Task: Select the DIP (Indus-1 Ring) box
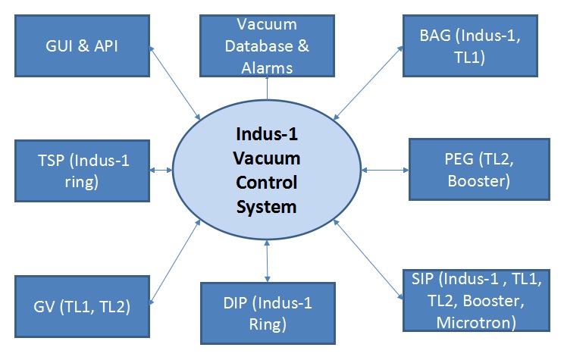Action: point(267,313)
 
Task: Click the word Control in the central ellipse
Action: point(266,183)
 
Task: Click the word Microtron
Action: point(475,323)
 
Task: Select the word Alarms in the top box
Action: point(267,68)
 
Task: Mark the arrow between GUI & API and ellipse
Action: point(175,83)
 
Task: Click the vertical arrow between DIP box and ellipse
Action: point(267,259)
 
